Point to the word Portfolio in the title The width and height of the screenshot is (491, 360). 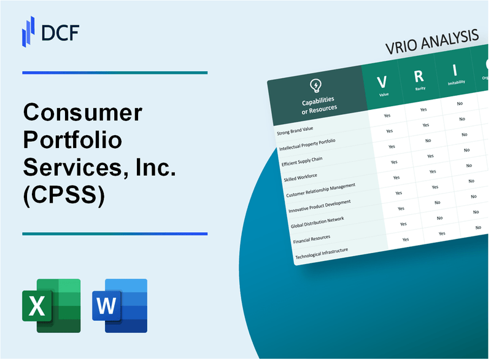pyautogui.click(x=72, y=141)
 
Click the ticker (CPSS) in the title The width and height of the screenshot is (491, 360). pyautogui.click(x=64, y=195)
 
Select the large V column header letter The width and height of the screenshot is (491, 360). pyautogui.click(x=381, y=82)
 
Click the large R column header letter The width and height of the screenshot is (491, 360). pyautogui.click(x=419, y=76)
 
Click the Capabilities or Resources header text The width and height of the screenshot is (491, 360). pyautogui.click(x=319, y=104)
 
